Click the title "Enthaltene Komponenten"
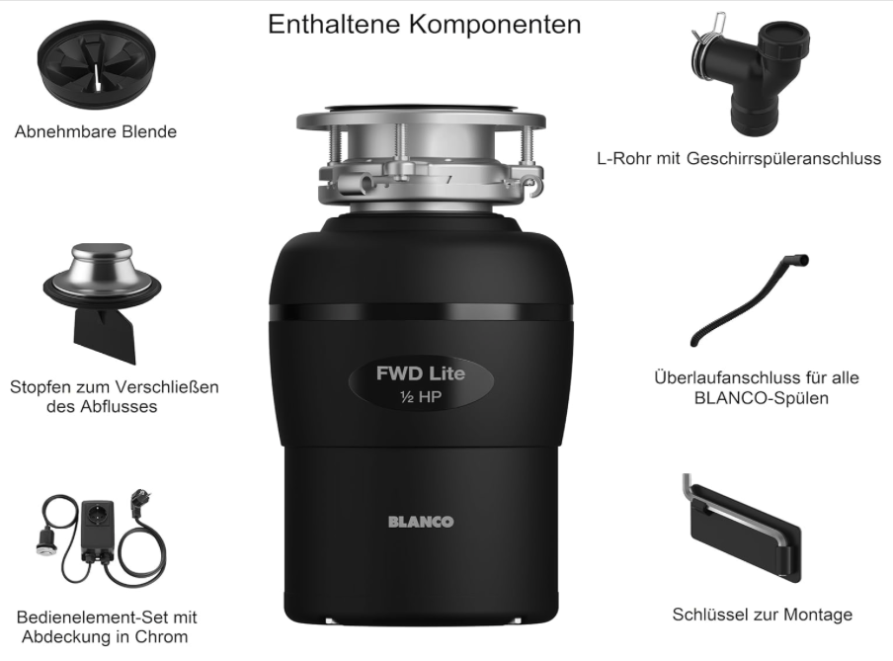[x=425, y=25]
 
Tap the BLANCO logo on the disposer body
[x=421, y=522]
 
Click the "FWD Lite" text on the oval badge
[x=420, y=373]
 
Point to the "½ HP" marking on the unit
[x=421, y=396]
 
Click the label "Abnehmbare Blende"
[x=96, y=131]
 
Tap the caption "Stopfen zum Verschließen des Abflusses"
[x=114, y=396]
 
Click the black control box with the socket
[x=98, y=529]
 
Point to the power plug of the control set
[x=138, y=501]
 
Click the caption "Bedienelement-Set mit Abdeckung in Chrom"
[x=107, y=626]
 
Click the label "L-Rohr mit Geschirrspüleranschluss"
[x=739, y=158]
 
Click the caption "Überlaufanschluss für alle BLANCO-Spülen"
[x=757, y=387]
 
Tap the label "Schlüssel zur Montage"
[x=762, y=615]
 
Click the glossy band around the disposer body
[x=421, y=312]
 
